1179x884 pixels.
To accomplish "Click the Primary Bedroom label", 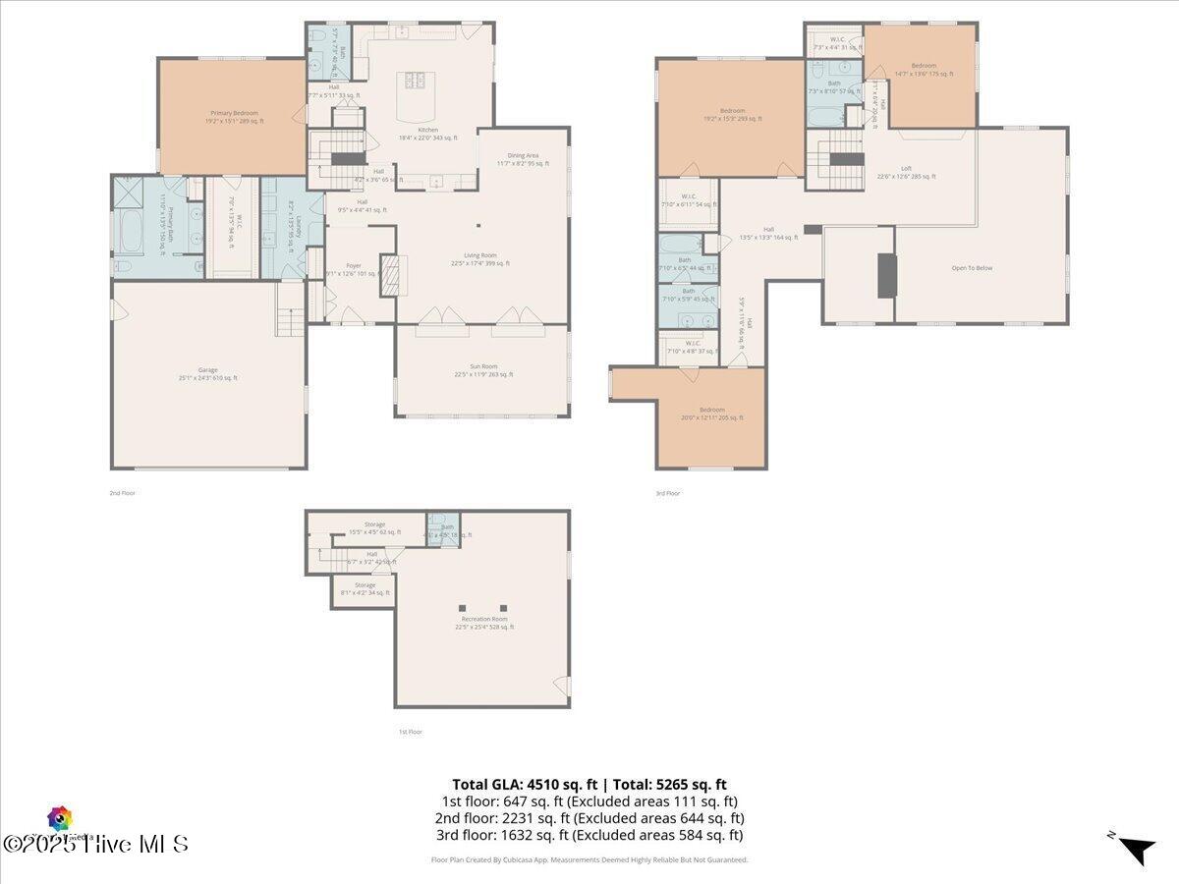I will pos(233,117).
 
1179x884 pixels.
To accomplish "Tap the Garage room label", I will pos(208,373).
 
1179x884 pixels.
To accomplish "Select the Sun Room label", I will pos(483,370).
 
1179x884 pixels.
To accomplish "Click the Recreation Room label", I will pos(485,623).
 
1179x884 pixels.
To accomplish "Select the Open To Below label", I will pos(972,267).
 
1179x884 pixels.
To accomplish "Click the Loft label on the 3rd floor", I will pos(906,173).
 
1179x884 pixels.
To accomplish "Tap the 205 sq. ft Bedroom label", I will pos(712,414).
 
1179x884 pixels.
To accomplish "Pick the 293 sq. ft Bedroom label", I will pos(732,115).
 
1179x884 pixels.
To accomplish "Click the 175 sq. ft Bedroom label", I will pos(923,70).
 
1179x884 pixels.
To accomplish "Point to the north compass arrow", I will pos(1137,849).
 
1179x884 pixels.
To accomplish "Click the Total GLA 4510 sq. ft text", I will pos(527,784).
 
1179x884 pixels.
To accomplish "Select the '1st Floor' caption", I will pos(411,732).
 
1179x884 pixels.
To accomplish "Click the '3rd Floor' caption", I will pos(668,493).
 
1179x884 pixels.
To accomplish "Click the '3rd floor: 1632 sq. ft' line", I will pos(589,835).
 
